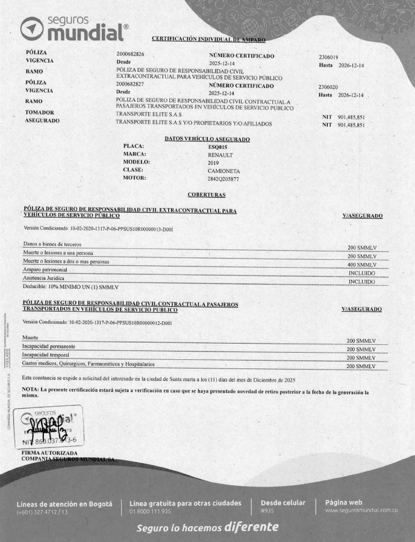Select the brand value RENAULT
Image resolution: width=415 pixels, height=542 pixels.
pyautogui.click(x=220, y=154)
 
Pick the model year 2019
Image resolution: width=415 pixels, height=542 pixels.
pyautogui.click(x=213, y=163)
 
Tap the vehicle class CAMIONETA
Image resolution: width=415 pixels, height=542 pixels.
pyautogui.click(x=224, y=171)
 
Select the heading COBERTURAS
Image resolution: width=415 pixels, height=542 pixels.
pyautogui.click(x=207, y=195)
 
